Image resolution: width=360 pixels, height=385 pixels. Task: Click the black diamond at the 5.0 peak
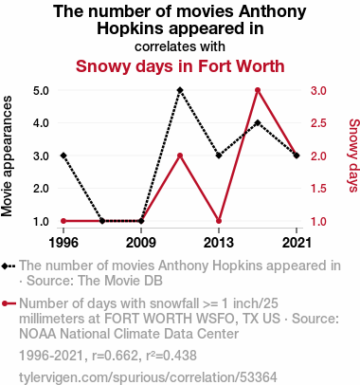(180, 90)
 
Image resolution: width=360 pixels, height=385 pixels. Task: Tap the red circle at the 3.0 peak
(258, 90)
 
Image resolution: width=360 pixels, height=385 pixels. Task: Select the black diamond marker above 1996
(63, 156)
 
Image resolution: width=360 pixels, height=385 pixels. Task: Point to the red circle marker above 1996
(63, 221)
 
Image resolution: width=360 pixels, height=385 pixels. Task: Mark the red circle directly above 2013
(219, 221)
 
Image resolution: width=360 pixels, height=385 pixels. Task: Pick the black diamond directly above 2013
(219, 156)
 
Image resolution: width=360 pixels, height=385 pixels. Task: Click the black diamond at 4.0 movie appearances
(258, 123)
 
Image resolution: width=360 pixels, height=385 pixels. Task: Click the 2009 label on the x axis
(141, 243)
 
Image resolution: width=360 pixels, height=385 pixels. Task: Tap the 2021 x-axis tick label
(297, 243)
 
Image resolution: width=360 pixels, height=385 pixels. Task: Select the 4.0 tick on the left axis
(41, 123)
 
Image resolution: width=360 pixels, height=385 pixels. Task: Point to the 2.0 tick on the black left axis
(41, 189)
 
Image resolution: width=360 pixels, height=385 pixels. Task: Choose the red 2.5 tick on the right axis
(318, 123)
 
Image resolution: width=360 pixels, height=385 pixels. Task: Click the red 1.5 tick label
(318, 189)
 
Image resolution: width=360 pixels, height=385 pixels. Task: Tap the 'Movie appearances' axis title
(7, 156)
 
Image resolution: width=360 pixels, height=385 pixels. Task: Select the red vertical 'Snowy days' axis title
(353, 156)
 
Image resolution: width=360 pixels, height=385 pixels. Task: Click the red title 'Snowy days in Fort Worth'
(180, 66)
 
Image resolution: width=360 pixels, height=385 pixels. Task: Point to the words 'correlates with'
(180, 46)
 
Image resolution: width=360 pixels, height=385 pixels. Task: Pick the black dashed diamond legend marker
(9, 266)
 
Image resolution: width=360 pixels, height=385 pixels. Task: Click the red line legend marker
(9, 303)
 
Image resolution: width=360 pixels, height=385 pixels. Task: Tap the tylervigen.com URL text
(148, 377)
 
